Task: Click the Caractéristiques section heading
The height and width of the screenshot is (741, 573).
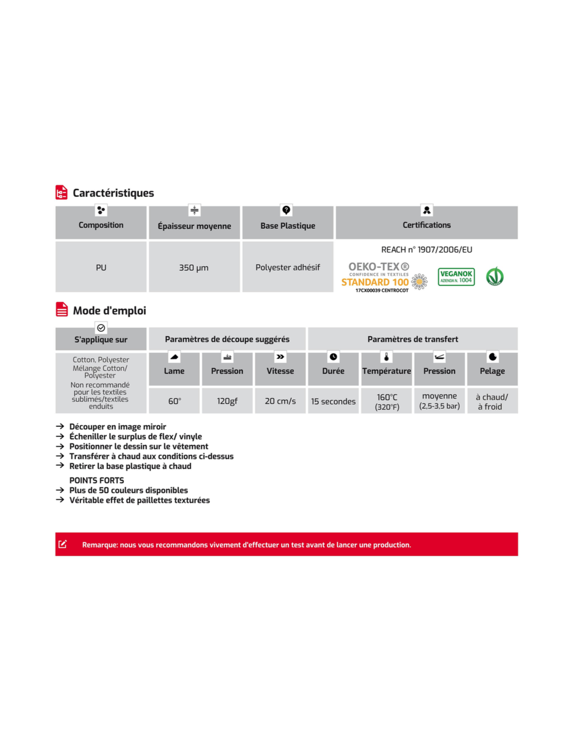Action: (x=113, y=193)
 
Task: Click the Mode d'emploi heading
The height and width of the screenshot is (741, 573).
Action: (x=109, y=311)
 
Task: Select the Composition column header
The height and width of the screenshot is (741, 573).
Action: (x=101, y=225)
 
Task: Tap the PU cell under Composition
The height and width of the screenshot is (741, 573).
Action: (x=101, y=267)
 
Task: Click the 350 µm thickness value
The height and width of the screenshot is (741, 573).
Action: (x=194, y=267)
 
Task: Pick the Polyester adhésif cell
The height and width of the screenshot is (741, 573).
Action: (x=288, y=267)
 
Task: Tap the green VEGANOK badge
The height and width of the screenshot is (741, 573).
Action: (x=456, y=277)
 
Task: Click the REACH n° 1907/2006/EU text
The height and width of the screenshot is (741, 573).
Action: (x=427, y=250)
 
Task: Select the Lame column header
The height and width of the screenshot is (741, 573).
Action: (x=174, y=371)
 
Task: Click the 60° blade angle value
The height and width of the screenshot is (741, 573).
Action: (x=175, y=401)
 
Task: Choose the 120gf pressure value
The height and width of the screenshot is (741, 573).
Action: (x=227, y=401)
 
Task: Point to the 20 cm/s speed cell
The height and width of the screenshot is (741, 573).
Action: (x=280, y=401)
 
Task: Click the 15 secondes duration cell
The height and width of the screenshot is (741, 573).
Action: (x=333, y=401)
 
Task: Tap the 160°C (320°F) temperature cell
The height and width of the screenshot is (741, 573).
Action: (x=387, y=401)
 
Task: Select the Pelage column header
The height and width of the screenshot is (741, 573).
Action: (x=492, y=371)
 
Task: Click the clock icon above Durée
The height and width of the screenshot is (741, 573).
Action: (x=333, y=357)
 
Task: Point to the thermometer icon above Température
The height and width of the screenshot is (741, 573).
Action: (x=387, y=357)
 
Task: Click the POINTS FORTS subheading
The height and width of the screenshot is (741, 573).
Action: (x=97, y=480)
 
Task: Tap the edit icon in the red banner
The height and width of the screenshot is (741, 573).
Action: (x=63, y=545)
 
